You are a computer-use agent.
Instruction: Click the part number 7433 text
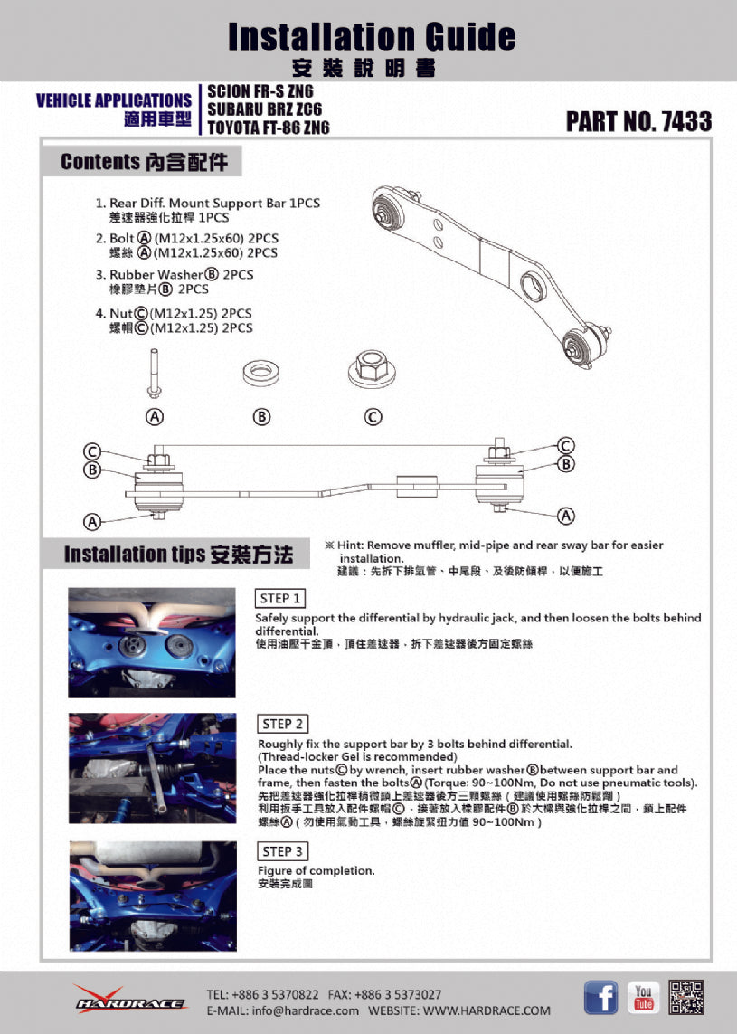pos(638,121)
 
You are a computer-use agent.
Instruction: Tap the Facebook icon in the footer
pos(600,997)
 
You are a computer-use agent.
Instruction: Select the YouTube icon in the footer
pos(644,997)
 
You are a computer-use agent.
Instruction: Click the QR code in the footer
pos(686,997)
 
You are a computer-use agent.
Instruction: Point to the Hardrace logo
pos(130,1000)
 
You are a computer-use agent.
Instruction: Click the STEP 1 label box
pos(281,598)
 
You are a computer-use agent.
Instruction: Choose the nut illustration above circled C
pos(372,367)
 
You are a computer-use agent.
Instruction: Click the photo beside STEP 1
pos(152,642)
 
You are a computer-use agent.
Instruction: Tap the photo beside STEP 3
pos(152,896)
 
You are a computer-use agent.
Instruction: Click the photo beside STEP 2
pos(152,768)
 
